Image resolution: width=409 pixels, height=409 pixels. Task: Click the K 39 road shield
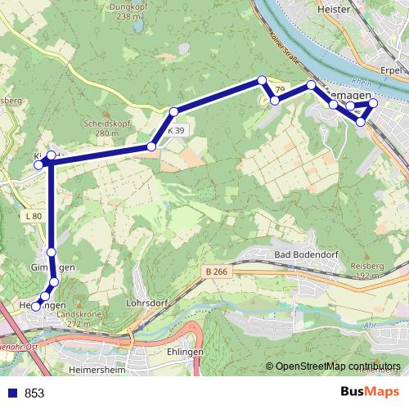coord(177,131)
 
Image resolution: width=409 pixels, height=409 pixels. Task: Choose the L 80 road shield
coord(33,216)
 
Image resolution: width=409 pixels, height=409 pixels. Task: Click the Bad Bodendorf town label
coord(305,255)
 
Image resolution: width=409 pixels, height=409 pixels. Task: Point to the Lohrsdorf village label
coord(148,302)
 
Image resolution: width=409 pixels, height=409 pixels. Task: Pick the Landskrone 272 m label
coord(79,319)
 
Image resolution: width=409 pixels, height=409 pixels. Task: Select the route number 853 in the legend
coord(34,393)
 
